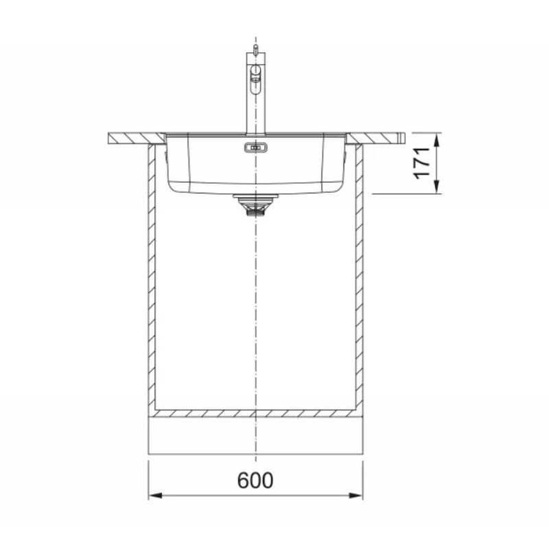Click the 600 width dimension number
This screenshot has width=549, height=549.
[x=255, y=480]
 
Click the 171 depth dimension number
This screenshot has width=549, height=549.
[x=422, y=163]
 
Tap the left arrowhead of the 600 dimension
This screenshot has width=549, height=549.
[x=155, y=495]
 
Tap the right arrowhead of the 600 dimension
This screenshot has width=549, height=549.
[x=356, y=495]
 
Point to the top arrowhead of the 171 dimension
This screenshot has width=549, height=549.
[x=436, y=140]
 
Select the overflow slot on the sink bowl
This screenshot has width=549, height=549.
[x=256, y=148]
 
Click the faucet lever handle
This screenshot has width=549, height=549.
[x=256, y=80]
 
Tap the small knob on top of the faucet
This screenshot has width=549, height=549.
[x=255, y=49]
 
